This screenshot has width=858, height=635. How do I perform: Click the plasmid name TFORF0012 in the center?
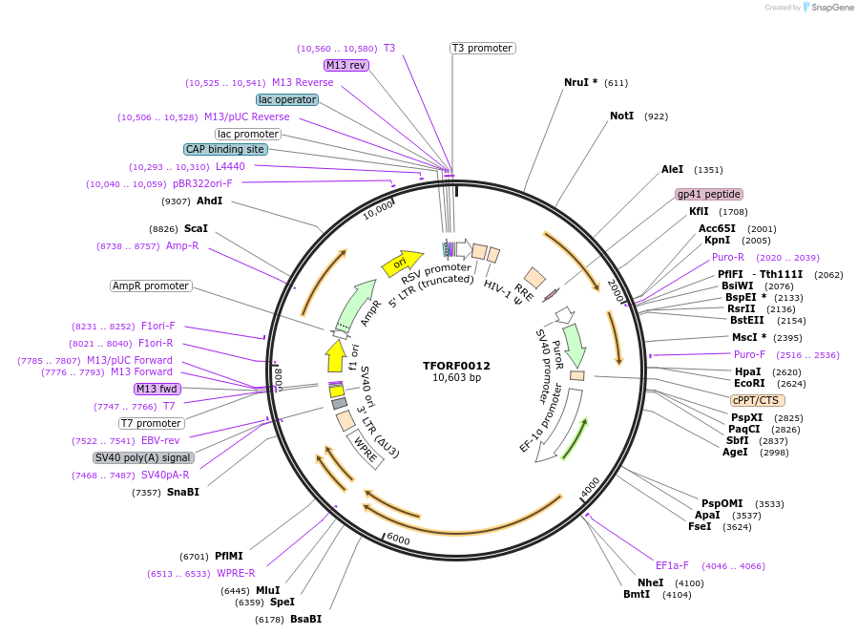(456, 365)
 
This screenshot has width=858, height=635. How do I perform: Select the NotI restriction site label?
(621, 116)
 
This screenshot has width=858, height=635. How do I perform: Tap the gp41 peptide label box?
(709, 194)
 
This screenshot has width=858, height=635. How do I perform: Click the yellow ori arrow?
(402, 262)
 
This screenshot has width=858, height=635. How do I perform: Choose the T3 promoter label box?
(482, 48)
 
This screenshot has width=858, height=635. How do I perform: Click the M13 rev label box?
(345, 65)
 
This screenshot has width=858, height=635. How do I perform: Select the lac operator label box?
(287, 99)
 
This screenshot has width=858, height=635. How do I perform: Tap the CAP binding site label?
(225, 149)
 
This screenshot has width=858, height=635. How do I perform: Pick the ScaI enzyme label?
(196, 228)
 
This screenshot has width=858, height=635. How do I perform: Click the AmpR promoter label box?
(151, 286)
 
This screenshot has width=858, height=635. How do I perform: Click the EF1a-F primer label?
(672, 565)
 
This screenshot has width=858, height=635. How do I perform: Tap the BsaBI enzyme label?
(306, 619)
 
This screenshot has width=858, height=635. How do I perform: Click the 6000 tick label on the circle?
(398, 540)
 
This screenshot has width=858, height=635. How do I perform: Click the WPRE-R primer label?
(236, 573)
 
